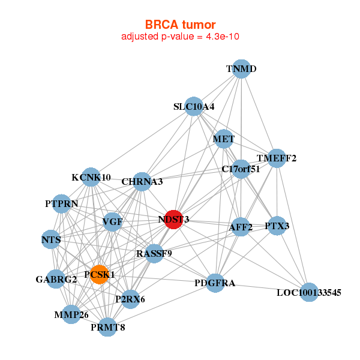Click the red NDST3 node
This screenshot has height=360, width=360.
pos(173,220)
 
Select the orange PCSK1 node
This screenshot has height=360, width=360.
pos(100,274)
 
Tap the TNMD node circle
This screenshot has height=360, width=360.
pos(241,69)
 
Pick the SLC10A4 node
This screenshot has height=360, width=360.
pos(193,107)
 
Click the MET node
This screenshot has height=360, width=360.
pos(224,139)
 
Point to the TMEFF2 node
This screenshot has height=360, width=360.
pos(277,158)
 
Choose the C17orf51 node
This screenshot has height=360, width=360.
pos(241,169)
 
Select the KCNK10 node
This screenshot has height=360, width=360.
pos(91,177)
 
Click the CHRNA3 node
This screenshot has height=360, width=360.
pos(142,181)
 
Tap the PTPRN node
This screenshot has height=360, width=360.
pos(62,203)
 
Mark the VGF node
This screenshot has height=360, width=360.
pos(112,223)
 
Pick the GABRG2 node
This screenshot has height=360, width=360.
pos(56,279)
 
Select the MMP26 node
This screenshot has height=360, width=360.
pos(71,314)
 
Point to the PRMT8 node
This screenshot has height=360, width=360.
pos(108,327)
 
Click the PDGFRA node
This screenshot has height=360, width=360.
pos(215,283)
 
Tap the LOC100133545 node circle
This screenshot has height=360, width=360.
pos(308,293)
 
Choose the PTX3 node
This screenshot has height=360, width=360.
pos(277,226)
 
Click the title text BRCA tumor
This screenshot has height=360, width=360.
pos(180,25)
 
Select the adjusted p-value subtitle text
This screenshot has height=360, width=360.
pos(181,37)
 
